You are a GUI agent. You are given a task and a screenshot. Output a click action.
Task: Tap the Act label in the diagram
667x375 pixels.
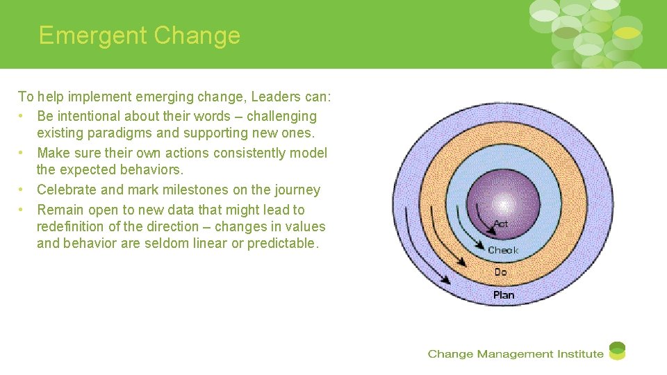pos(501,224)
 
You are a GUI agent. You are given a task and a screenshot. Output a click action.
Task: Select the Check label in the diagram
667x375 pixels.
pos(503,250)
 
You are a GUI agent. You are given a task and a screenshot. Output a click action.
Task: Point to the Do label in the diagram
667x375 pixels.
pos(501,272)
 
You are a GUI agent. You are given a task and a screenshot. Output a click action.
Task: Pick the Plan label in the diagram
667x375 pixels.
pos(504,295)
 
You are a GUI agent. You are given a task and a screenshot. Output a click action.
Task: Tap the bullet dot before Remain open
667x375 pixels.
pos(23,210)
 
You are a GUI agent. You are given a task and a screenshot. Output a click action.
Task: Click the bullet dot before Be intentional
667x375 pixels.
pos(23,116)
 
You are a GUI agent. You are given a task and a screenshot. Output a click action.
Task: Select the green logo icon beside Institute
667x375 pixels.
pos(617,351)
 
